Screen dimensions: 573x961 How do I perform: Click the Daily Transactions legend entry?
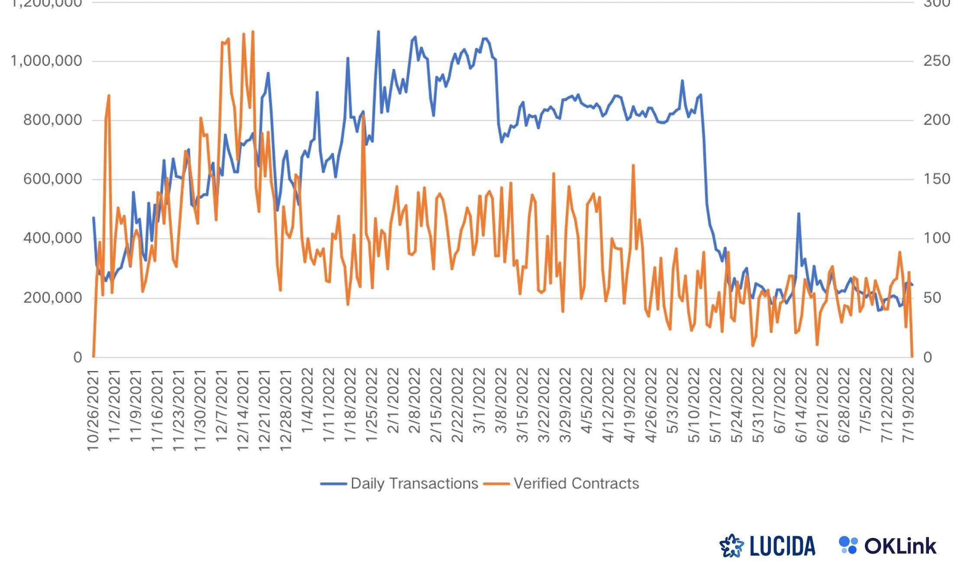click(414, 484)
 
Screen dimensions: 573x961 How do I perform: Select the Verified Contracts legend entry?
click(576, 484)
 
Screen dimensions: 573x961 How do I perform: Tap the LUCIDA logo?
click(767, 546)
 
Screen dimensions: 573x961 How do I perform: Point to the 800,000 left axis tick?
click(52, 120)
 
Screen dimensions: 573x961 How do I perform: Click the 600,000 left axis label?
click(52, 179)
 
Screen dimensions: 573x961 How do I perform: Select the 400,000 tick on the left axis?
click(52, 238)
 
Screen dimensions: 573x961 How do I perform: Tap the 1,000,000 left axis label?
click(46, 61)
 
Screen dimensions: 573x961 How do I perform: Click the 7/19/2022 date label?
click(908, 405)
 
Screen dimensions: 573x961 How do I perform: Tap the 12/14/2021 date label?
click(243, 410)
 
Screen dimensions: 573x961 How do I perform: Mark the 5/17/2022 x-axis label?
click(716, 405)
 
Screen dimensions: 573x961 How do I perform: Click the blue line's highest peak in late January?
click(378, 32)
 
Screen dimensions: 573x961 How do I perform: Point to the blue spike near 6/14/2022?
click(799, 214)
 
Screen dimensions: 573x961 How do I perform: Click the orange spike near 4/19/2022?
click(633, 165)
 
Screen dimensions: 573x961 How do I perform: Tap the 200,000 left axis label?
click(52, 298)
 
